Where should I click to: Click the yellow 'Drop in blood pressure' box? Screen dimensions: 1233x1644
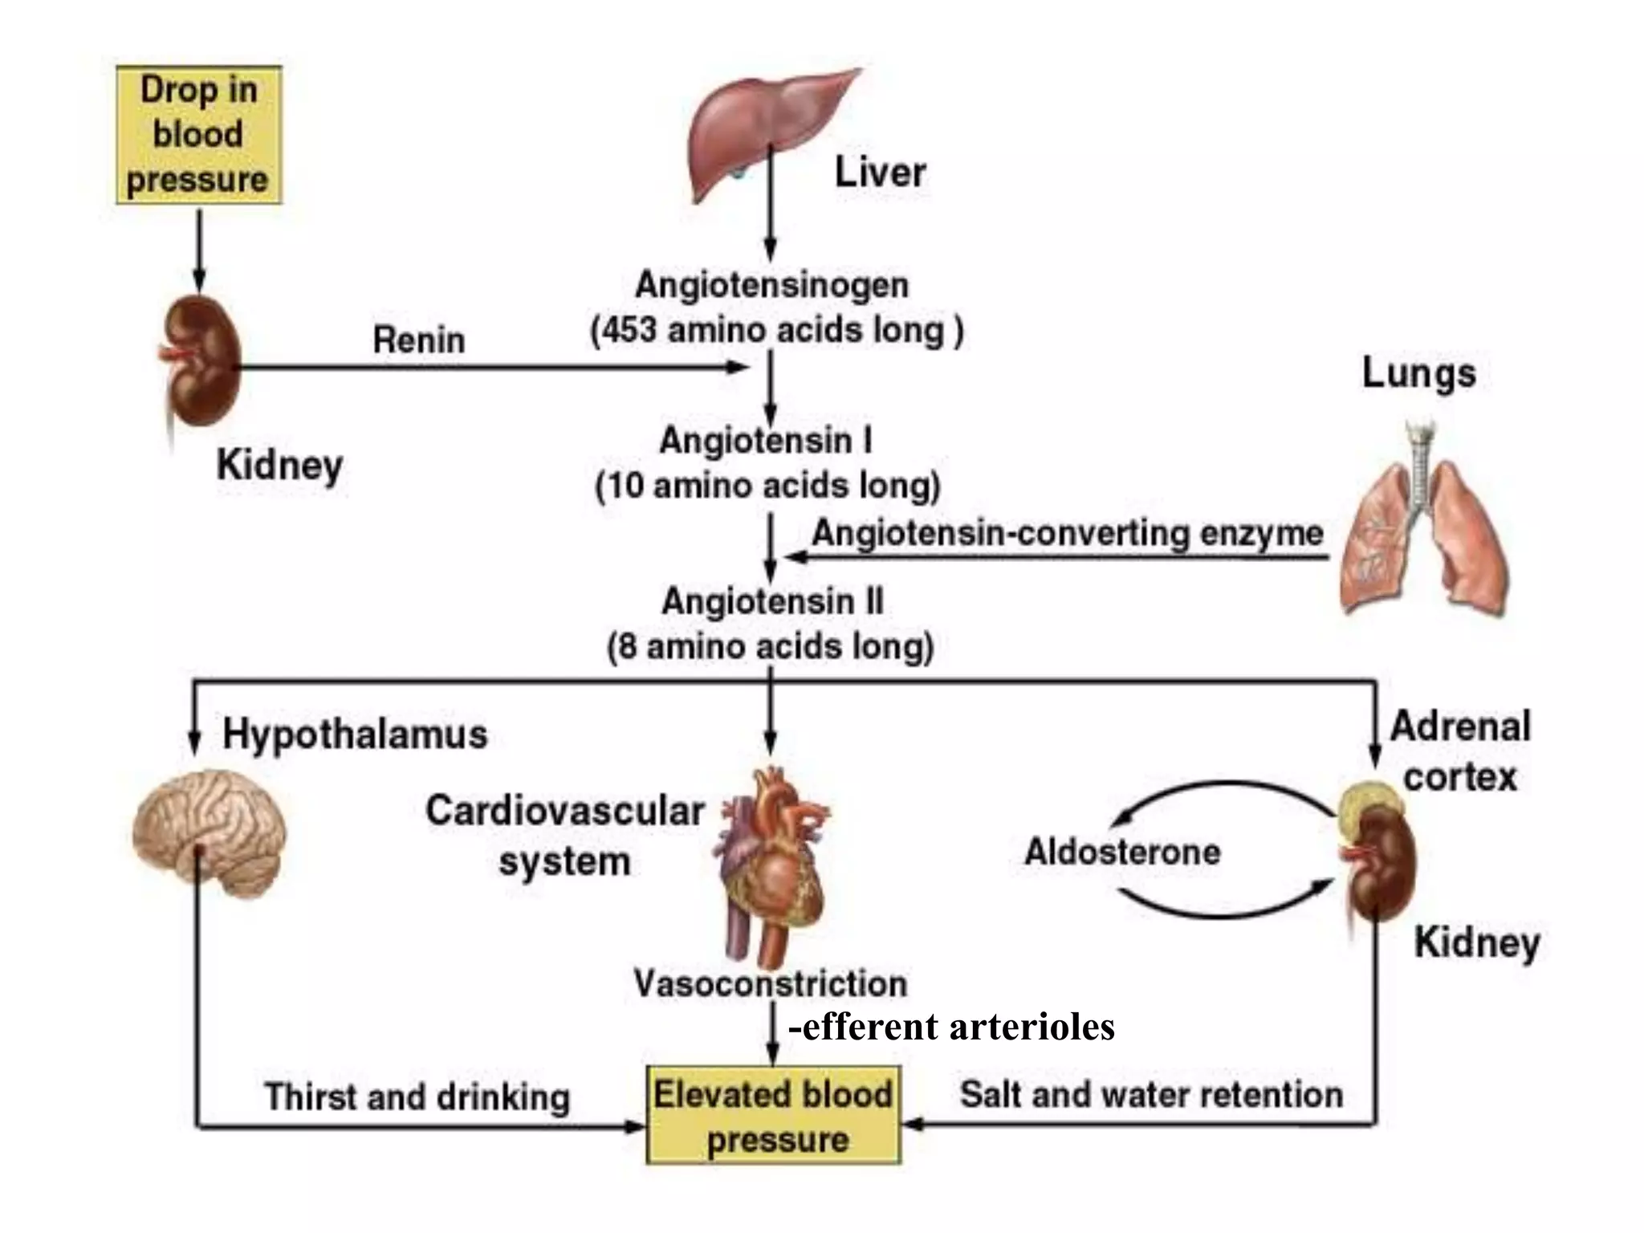click(x=198, y=134)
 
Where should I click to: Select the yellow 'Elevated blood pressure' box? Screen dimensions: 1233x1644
click(x=773, y=1115)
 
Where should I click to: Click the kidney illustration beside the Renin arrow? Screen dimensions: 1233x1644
click(x=201, y=361)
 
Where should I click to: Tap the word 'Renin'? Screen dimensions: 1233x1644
click(x=418, y=340)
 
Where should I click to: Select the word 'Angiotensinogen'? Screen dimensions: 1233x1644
click(x=771, y=285)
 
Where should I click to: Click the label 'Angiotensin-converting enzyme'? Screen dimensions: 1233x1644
click(x=1068, y=533)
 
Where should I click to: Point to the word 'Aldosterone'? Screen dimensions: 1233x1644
click(x=1122, y=852)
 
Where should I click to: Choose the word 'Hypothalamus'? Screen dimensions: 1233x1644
click(x=355, y=734)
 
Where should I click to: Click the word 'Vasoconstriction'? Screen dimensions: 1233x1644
click(x=771, y=983)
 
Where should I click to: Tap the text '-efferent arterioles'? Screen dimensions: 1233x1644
click(x=952, y=1027)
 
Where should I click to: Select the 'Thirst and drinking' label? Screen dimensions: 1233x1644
click(x=417, y=1097)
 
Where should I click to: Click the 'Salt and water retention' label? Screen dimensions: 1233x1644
click(x=1151, y=1094)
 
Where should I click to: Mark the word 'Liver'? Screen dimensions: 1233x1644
click(x=880, y=173)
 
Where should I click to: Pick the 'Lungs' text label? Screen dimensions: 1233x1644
click(x=1418, y=374)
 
